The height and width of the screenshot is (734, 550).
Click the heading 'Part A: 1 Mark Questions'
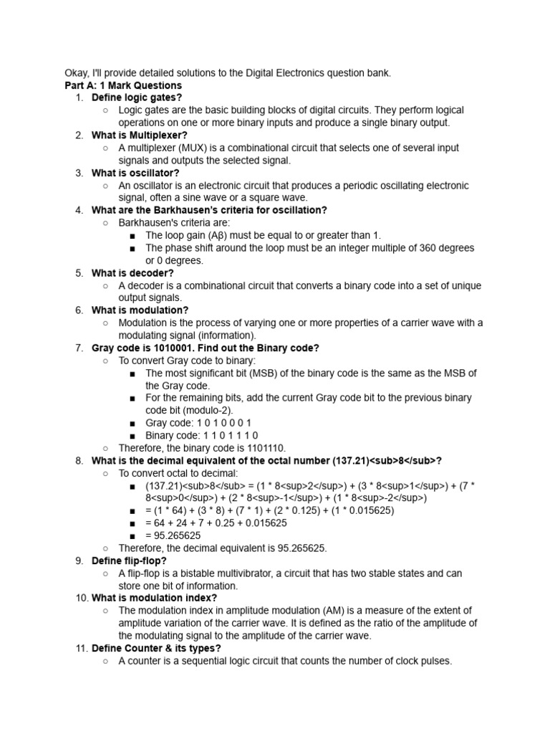(x=122, y=85)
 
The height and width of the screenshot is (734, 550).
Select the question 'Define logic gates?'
(x=137, y=97)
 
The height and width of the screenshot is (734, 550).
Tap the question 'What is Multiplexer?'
(x=140, y=135)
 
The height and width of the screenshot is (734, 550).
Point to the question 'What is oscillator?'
(x=135, y=173)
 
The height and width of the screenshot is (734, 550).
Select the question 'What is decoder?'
(x=132, y=273)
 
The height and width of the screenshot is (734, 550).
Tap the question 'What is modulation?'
(x=140, y=310)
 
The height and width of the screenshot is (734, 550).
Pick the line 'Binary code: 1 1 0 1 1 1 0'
(x=201, y=435)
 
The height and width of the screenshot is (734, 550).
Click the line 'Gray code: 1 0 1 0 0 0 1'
(x=198, y=423)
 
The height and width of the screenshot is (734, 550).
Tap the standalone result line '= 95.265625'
(x=173, y=535)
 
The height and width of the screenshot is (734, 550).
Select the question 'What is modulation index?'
(x=154, y=598)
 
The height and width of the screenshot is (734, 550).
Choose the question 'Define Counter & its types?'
(x=156, y=648)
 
